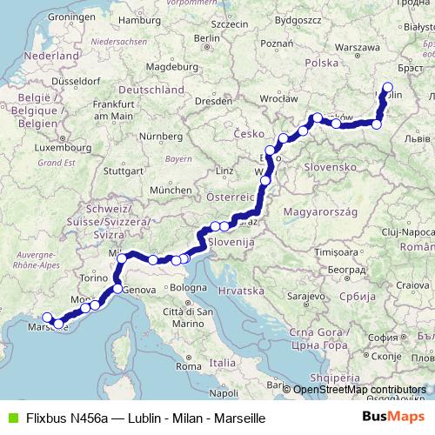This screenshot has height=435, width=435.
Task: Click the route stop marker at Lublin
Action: click(x=387, y=87)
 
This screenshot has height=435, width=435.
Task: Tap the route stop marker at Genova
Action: click(x=117, y=288)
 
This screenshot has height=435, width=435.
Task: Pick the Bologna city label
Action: click(x=189, y=288)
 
